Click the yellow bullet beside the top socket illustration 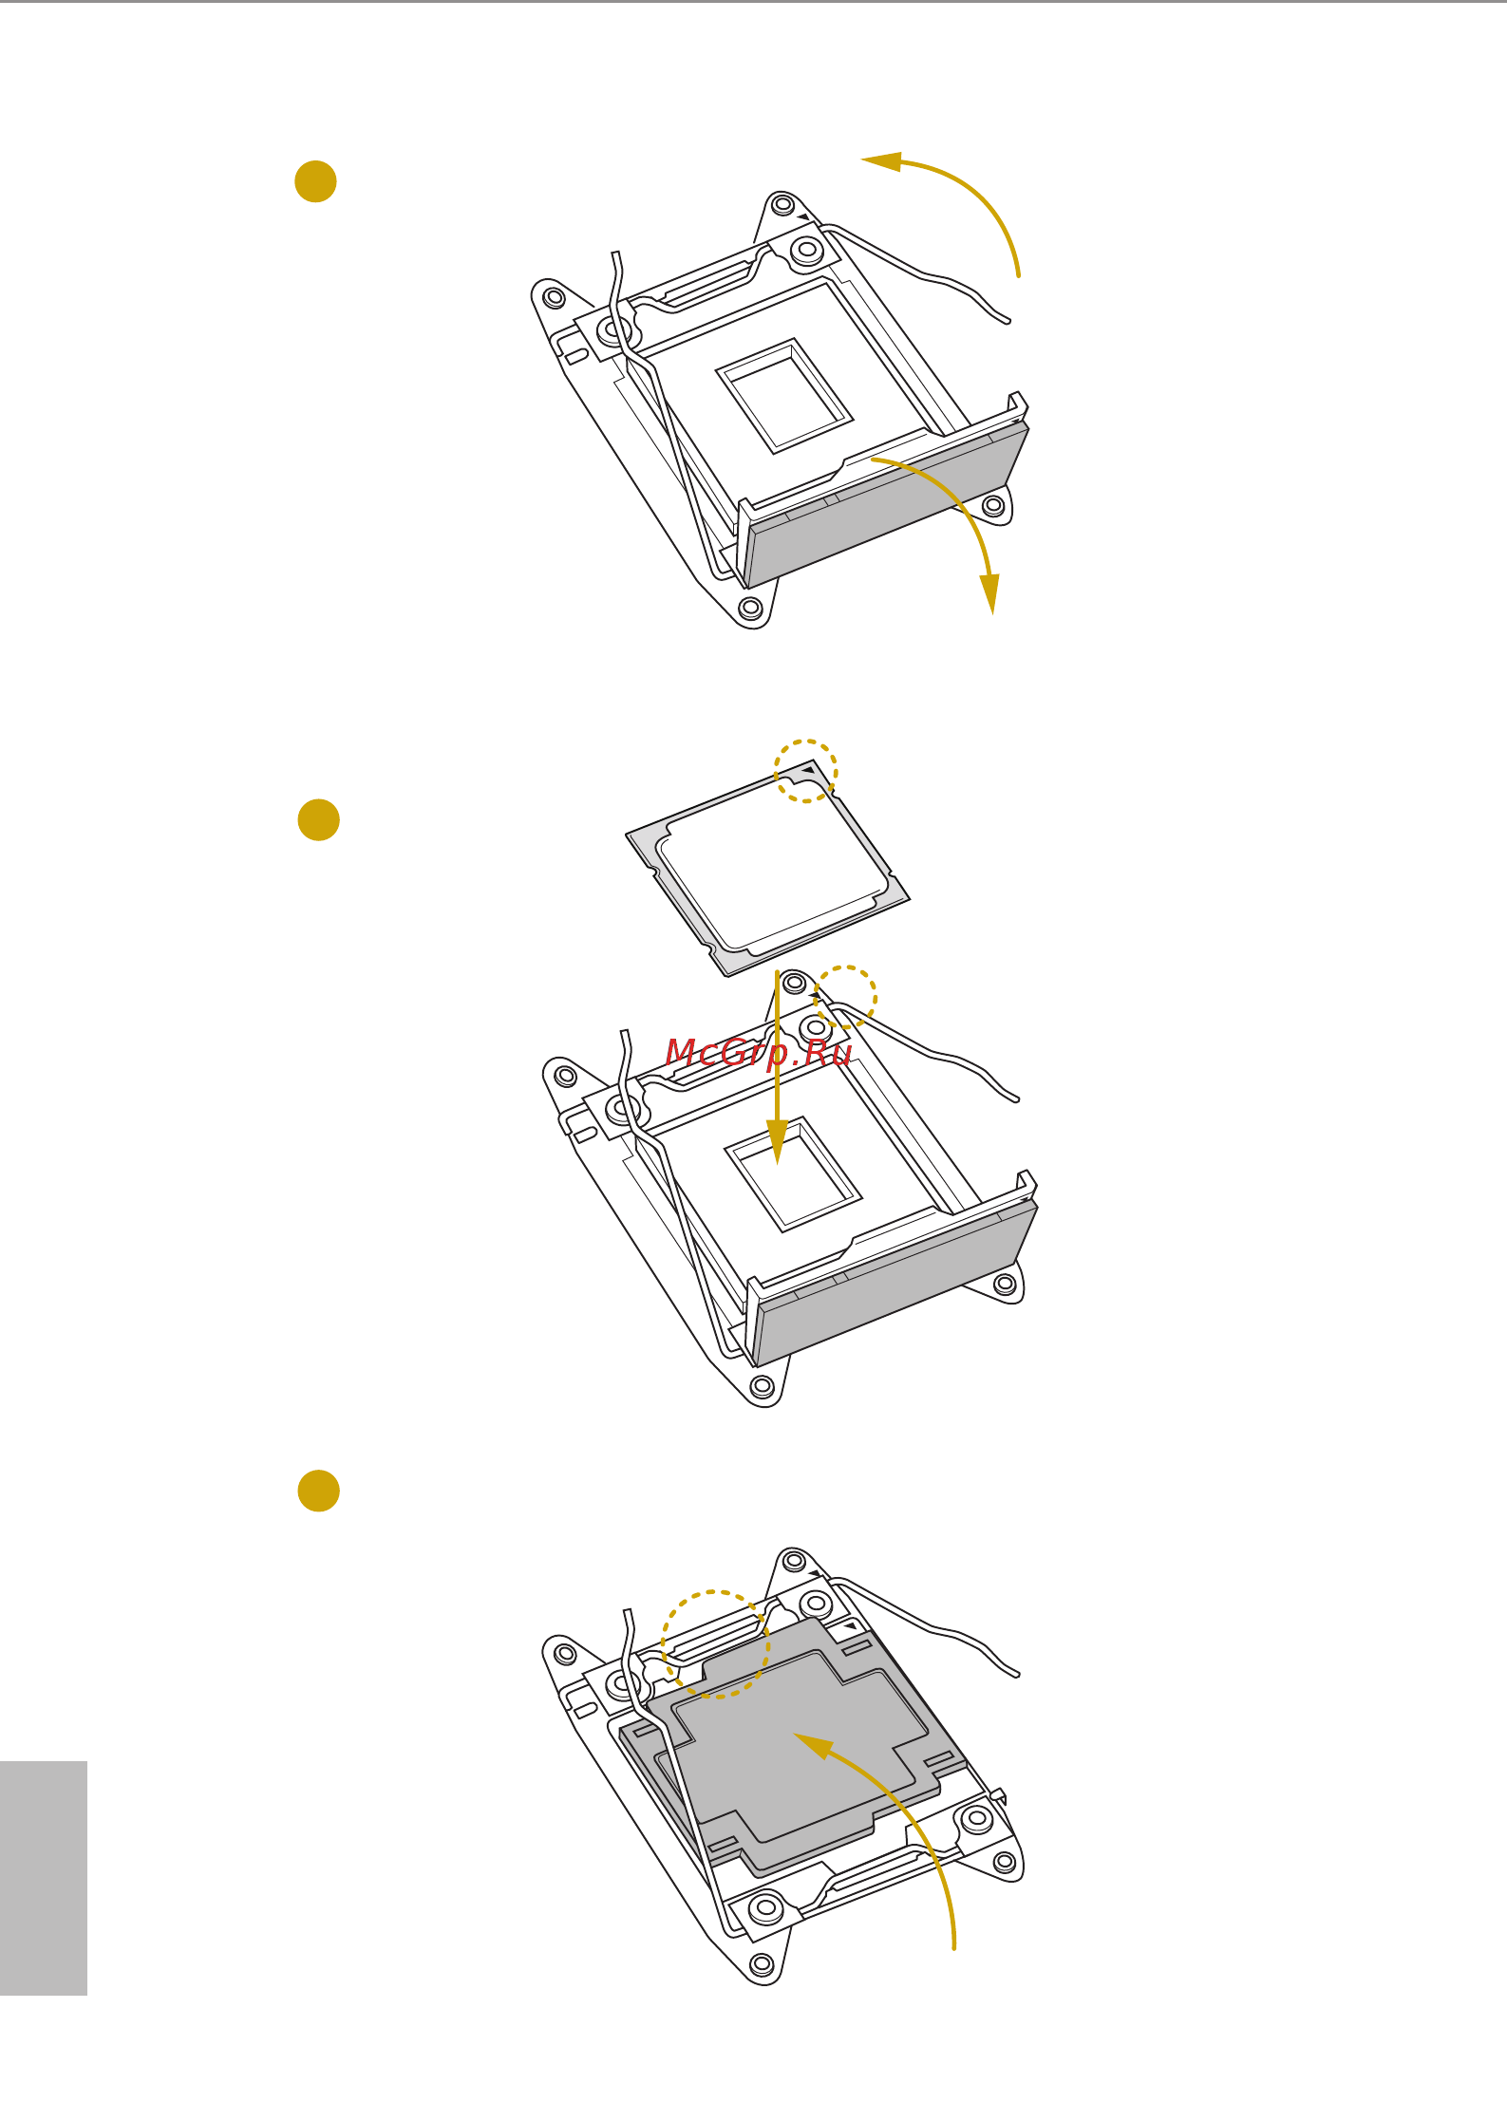pyautogui.click(x=315, y=181)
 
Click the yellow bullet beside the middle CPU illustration pyautogui.click(x=318, y=820)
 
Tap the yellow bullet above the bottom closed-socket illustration pyautogui.click(x=318, y=1491)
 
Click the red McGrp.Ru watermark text pyautogui.click(x=758, y=1053)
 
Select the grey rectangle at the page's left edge pyautogui.click(x=44, y=1878)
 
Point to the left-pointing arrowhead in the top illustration pyautogui.click(x=880, y=161)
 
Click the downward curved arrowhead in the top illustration pyautogui.click(x=989, y=594)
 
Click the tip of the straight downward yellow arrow pyautogui.click(x=778, y=1164)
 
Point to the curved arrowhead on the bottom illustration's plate pyautogui.click(x=813, y=1745)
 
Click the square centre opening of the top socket pyautogui.click(x=784, y=395)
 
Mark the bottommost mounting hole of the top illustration pyautogui.click(x=750, y=607)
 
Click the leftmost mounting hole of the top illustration pyautogui.click(x=555, y=298)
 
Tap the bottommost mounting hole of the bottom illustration pyautogui.click(x=762, y=1962)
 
